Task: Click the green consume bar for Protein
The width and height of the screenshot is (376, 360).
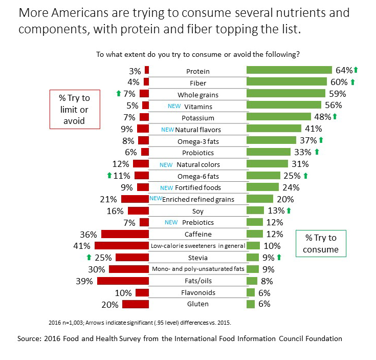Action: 289,70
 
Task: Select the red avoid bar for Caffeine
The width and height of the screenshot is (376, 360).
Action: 125,234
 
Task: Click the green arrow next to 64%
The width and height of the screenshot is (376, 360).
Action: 356,70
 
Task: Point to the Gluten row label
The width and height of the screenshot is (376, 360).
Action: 197,304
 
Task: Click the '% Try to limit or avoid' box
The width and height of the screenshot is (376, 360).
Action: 74,109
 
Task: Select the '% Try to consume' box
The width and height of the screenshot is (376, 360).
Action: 321,244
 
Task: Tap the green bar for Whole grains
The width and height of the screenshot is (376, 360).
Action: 286,94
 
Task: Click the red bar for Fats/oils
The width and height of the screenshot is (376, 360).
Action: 123,281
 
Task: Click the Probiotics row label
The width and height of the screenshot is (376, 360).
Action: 197,153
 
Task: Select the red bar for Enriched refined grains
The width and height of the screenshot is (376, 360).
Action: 135,199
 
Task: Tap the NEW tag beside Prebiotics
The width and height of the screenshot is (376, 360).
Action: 172,223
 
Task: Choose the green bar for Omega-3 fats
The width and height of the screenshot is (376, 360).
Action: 271,140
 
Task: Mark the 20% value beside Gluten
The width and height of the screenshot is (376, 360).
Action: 109,304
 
